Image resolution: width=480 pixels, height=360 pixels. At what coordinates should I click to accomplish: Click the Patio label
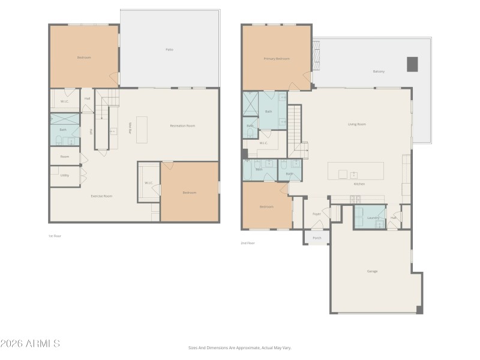click(x=170, y=49)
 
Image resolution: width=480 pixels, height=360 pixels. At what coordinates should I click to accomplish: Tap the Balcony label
click(x=379, y=71)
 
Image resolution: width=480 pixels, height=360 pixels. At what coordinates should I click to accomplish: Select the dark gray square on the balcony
click(x=412, y=64)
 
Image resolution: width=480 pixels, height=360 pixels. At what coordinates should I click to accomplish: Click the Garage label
click(x=372, y=271)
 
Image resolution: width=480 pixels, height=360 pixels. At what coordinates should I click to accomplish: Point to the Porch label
click(x=317, y=238)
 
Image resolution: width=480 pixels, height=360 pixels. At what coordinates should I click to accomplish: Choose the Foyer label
click(x=317, y=214)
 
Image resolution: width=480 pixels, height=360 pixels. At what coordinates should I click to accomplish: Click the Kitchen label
click(x=359, y=184)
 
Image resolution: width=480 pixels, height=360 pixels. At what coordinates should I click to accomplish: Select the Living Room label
click(x=357, y=124)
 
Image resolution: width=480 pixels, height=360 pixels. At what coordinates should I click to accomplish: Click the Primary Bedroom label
click(x=277, y=59)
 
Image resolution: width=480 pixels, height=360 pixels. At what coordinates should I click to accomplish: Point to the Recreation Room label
click(x=182, y=125)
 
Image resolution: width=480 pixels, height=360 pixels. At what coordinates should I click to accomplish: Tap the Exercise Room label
click(x=101, y=196)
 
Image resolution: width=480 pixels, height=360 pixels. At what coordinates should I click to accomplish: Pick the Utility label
click(x=64, y=175)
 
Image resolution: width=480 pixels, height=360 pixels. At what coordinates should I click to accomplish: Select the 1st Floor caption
click(x=55, y=236)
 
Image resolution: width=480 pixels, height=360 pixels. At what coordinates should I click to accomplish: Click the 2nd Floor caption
click(x=248, y=243)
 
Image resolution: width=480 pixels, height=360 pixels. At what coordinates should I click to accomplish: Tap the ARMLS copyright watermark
click(x=30, y=344)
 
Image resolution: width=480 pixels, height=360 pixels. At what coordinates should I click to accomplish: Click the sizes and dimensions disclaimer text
click(x=239, y=347)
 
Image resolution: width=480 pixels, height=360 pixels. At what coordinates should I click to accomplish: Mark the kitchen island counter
click(x=355, y=170)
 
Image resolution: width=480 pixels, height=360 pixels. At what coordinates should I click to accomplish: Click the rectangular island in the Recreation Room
click(x=142, y=130)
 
